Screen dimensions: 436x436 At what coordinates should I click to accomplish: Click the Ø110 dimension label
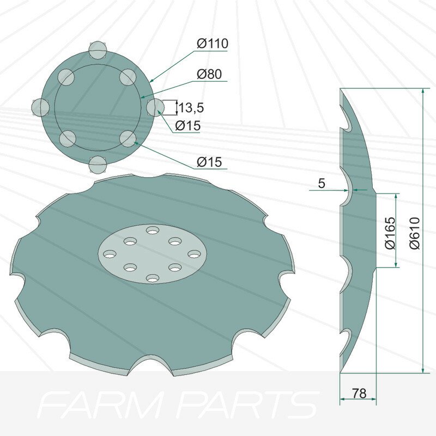point(213,44)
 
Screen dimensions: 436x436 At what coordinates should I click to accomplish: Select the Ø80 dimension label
point(209,74)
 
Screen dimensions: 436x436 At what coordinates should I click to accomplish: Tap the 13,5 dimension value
point(191,107)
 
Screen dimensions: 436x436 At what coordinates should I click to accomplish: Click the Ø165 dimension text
point(390,233)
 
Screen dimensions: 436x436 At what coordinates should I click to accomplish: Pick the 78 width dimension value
point(359,393)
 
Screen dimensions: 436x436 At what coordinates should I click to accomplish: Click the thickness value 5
point(322,183)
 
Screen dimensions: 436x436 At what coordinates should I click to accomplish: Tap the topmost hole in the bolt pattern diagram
point(98,51)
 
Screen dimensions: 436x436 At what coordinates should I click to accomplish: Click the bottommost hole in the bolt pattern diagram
point(98,165)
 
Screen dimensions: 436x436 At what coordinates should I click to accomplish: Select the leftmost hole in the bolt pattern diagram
point(40,107)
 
